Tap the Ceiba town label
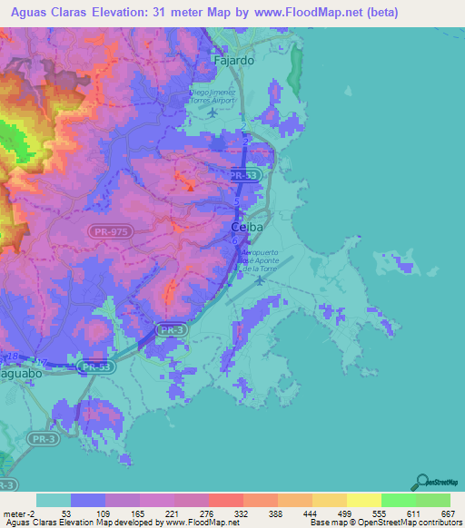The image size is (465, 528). click(x=247, y=227)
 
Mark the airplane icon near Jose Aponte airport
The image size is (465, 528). click(x=261, y=279)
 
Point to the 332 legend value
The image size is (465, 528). click(x=241, y=513)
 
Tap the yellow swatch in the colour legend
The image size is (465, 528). click(x=363, y=500)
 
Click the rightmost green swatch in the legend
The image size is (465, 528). click(x=432, y=500)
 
